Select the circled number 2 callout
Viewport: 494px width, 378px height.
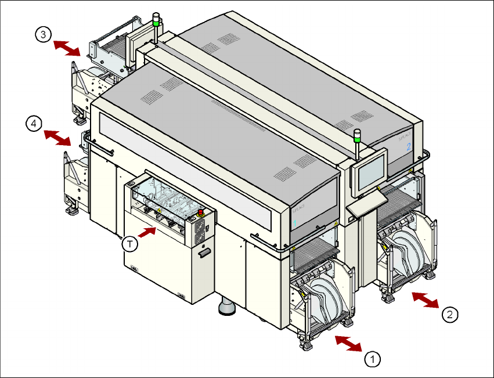click(449, 315)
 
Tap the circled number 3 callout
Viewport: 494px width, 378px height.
click(42, 35)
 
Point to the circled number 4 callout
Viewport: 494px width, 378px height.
click(34, 124)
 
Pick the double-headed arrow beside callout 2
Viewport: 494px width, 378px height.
click(426, 300)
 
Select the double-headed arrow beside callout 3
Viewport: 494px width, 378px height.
click(66, 48)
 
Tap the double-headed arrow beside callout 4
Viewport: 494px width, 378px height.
click(58, 138)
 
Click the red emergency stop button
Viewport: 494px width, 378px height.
click(201, 212)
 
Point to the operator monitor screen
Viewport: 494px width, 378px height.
click(371, 171)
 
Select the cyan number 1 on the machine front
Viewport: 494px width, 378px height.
click(295, 223)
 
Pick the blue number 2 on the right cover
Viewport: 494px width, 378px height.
click(408, 146)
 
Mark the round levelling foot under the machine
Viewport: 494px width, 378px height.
click(226, 308)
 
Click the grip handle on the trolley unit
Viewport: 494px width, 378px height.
click(203, 254)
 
